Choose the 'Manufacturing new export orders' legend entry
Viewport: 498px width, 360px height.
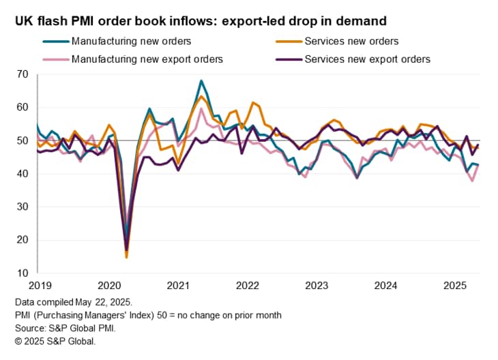coord(147,59)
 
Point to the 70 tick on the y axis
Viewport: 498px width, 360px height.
coord(23,74)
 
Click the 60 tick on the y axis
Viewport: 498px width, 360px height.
coord(23,107)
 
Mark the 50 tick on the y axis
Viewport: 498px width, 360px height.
coord(23,140)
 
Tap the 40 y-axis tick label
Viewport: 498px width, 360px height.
coord(23,173)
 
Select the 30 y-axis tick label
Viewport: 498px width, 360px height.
coord(23,207)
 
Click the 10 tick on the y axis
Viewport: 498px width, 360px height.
coord(23,273)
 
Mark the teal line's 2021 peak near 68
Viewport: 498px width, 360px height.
coord(201,80)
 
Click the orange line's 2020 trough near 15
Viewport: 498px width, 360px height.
coord(126,257)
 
